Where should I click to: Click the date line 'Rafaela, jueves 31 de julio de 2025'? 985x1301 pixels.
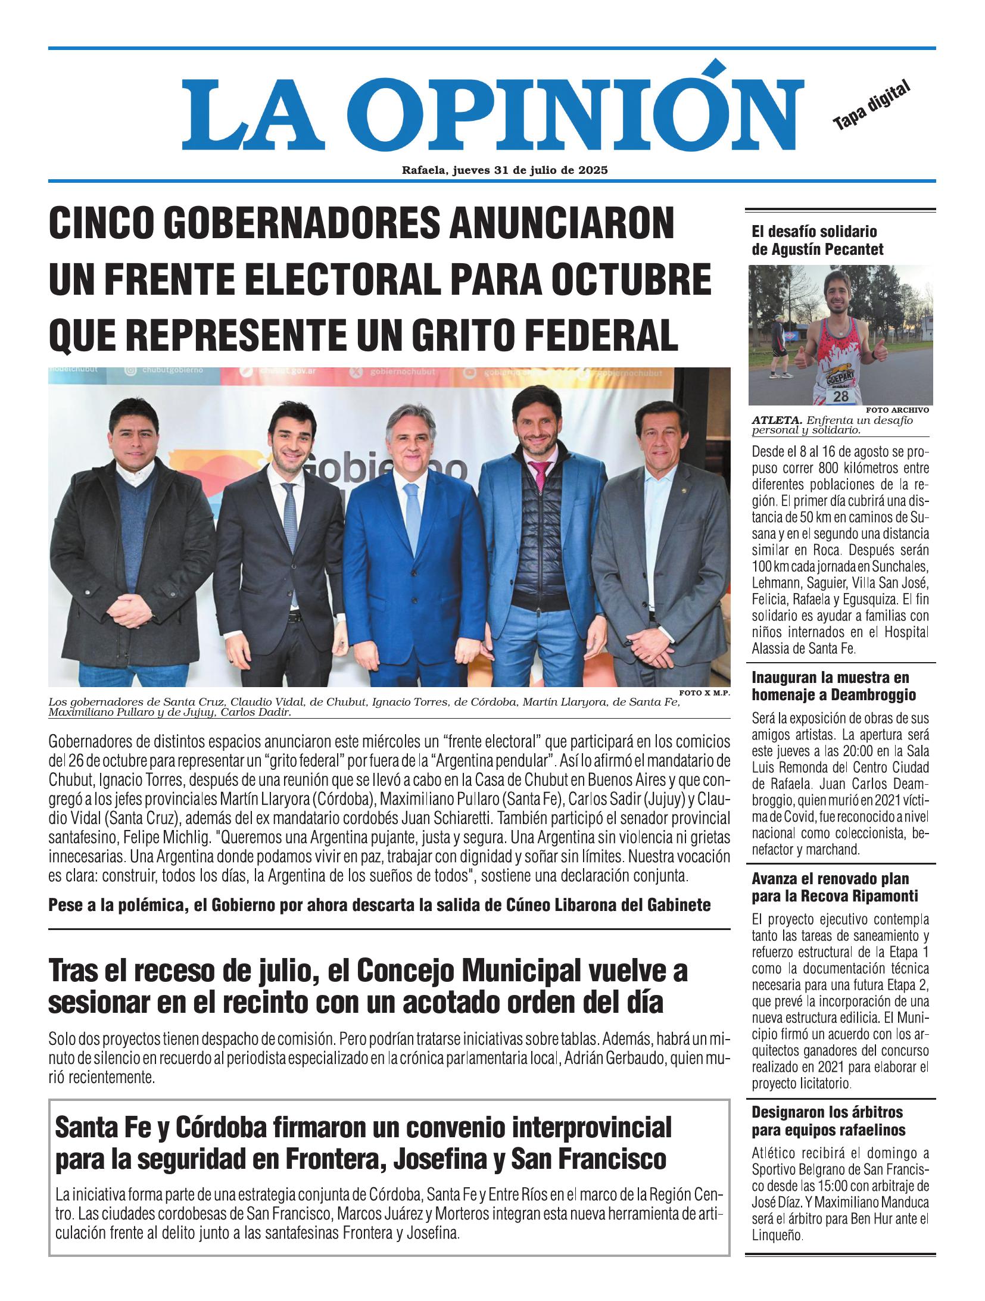click(504, 170)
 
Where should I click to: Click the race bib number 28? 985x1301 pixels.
click(840, 396)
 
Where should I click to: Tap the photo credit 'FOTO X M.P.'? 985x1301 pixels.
click(704, 692)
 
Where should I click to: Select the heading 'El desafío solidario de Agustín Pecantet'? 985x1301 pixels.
click(818, 240)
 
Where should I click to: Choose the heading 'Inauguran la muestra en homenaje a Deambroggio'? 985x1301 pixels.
click(834, 686)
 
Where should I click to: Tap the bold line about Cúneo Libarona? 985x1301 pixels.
click(379, 905)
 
